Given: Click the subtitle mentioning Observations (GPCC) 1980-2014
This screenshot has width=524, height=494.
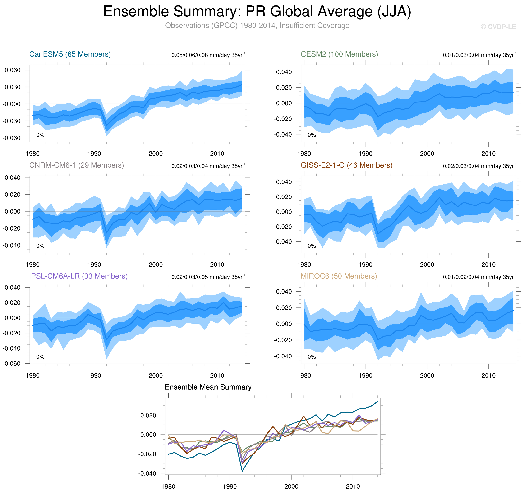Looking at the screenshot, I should (x=257, y=26).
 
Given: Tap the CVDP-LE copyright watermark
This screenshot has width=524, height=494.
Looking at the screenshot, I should (x=498, y=27).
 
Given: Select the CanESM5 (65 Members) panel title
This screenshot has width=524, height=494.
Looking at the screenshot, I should (x=70, y=54).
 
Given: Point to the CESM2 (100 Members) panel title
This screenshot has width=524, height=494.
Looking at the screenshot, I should (x=339, y=54).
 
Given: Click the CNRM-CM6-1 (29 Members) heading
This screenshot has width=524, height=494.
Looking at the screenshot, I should (x=76, y=165).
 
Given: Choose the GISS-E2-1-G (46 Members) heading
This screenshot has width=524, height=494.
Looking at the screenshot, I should (x=346, y=165).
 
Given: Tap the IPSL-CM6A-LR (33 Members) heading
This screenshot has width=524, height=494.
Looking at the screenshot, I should (x=78, y=276).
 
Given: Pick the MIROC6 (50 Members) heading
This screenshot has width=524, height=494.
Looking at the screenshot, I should (x=339, y=276).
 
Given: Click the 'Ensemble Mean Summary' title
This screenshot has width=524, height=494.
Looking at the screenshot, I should (x=208, y=387).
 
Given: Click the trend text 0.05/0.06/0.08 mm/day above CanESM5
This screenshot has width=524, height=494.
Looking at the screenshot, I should (x=208, y=55).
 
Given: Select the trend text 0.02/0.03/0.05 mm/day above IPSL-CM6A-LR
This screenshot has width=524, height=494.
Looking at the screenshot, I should (x=208, y=277).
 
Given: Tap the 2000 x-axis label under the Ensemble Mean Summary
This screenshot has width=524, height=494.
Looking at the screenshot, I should (x=291, y=486).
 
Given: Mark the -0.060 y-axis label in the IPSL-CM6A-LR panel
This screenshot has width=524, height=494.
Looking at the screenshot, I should (x=12, y=364).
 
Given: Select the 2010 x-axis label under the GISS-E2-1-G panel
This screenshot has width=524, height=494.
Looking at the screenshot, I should (x=488, y=265).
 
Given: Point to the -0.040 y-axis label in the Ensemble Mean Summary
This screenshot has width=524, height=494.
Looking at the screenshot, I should (x=147, y=473).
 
